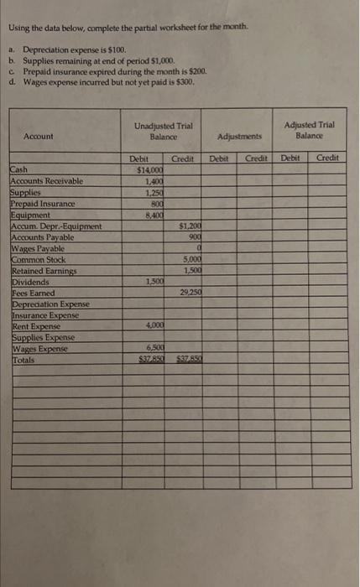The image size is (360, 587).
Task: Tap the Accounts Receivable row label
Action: click(46, 179)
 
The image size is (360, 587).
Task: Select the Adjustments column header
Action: click(240, 135)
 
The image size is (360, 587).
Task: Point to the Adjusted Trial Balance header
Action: click(310, 130)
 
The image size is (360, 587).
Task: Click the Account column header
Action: click(39, 136)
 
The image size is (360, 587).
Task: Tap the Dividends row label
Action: click(29, 279)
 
